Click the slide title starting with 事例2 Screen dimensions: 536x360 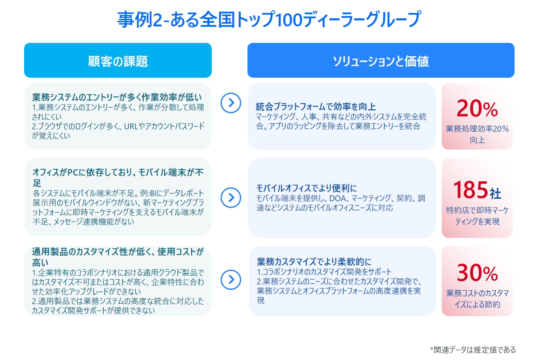click(268, 19)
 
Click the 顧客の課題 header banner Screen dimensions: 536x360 click(118, 60)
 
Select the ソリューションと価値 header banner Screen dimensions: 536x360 click(381, 60)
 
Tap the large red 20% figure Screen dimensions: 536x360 click(477, 109)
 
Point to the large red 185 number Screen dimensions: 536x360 click(470, 190)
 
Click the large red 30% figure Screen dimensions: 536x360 click(477, 273)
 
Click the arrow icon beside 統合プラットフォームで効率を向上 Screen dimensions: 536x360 click(230, 103)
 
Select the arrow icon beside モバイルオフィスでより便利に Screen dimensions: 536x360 click(230, 197)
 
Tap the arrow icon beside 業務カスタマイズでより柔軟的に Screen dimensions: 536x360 click(230, 280)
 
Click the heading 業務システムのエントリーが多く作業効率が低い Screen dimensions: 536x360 click(117, 97)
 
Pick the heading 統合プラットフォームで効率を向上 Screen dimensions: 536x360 click(316, 107)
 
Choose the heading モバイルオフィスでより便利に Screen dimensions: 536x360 click(306, 188)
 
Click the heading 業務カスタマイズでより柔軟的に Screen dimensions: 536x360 click(314, 262)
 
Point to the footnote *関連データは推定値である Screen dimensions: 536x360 click(473, 350)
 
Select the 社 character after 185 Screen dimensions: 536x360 click(495, 193)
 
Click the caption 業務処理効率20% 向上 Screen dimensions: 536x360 click(477, 134)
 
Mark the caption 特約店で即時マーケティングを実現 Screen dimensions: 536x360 click(477, 216)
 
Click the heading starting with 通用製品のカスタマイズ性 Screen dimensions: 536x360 click(118, 257)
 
